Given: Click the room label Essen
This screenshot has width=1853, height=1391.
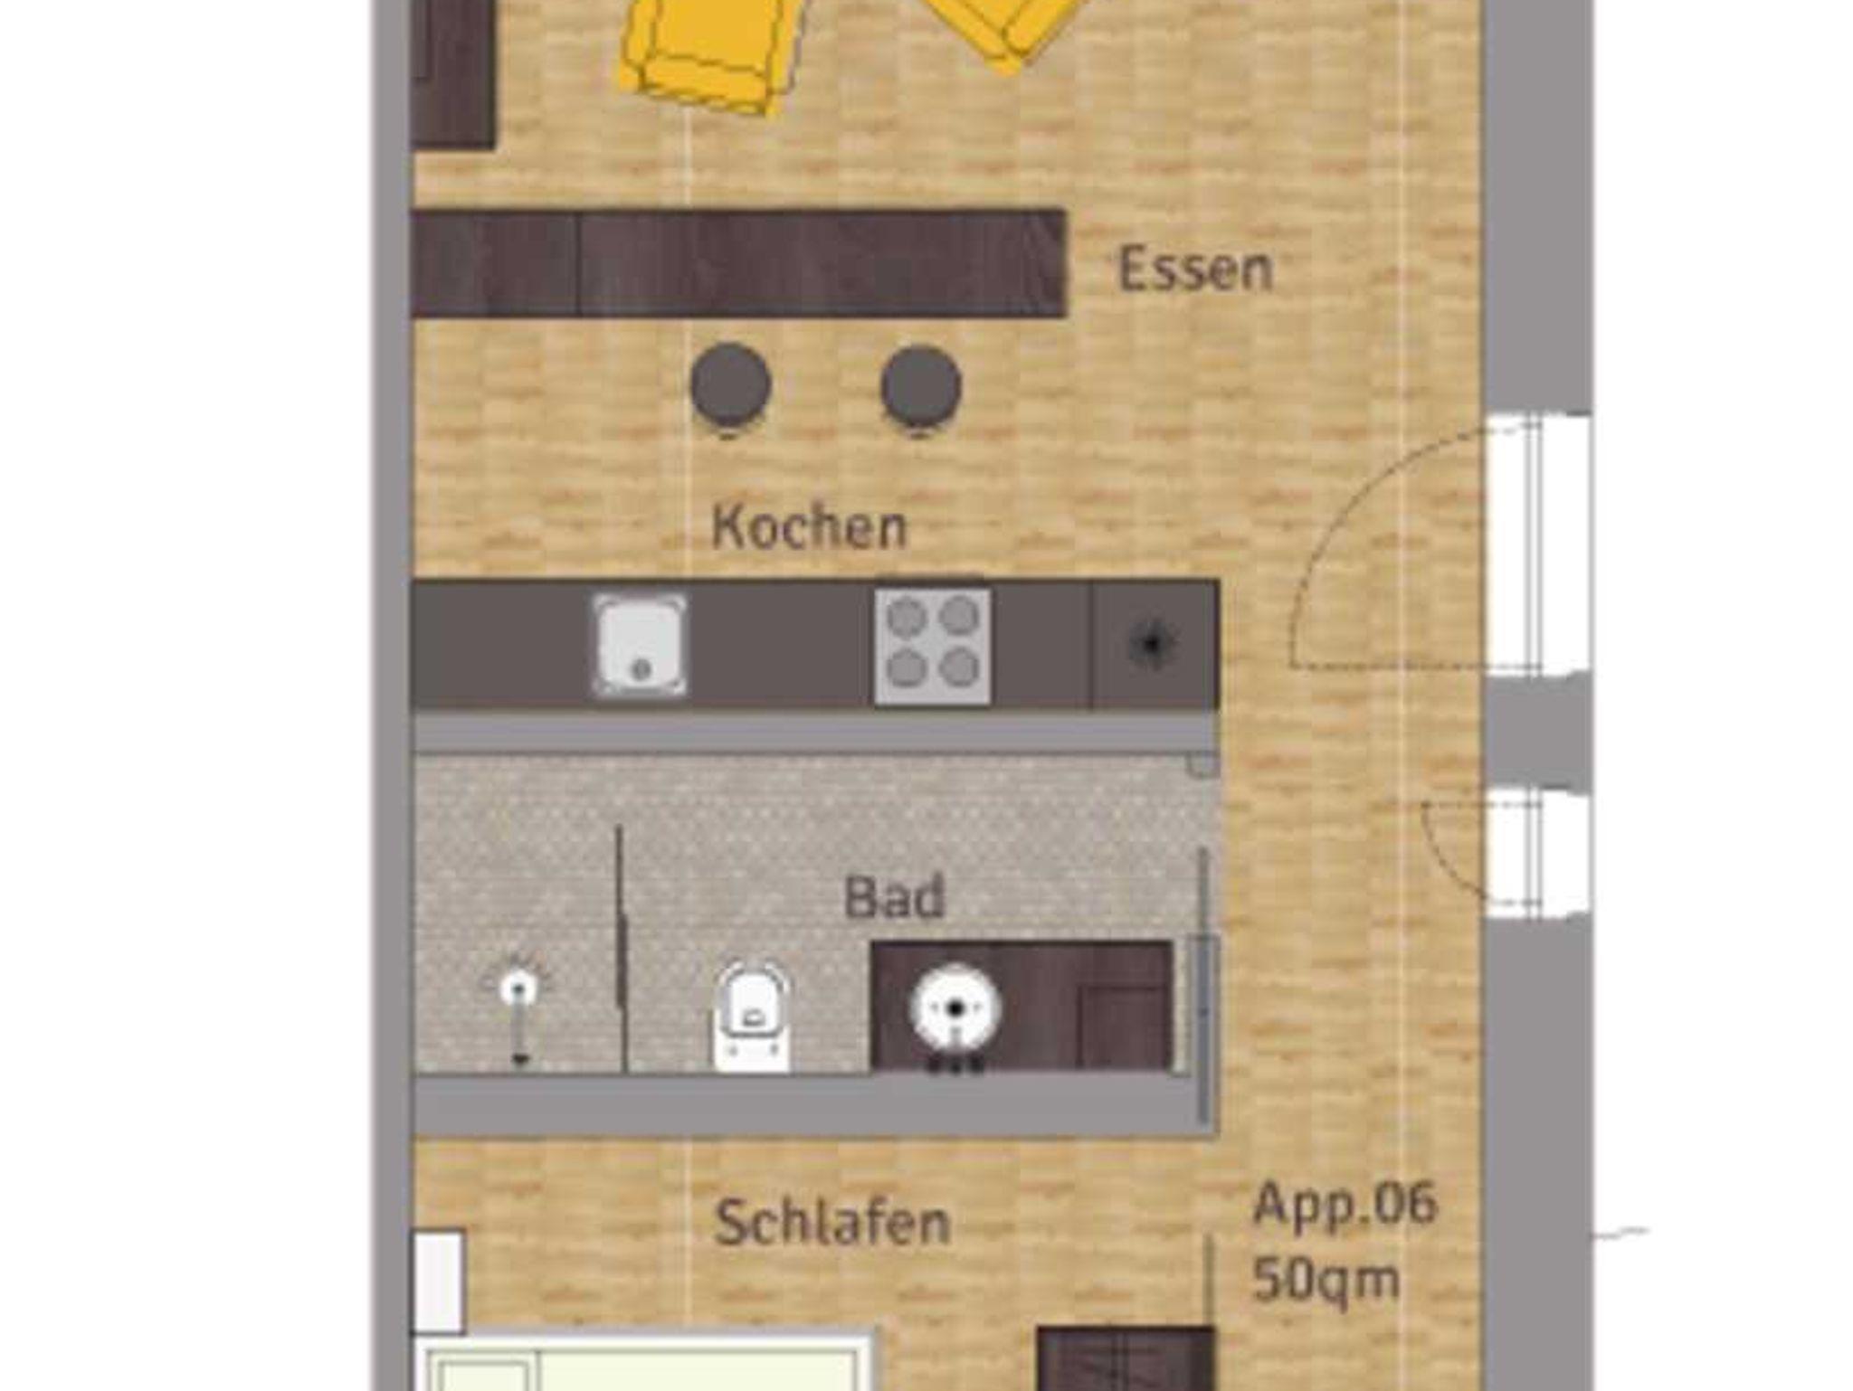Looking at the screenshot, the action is point(1195,269).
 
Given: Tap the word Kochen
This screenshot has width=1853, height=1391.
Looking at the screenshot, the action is point(809,526).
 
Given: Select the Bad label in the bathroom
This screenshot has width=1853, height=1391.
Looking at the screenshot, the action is point(894,897).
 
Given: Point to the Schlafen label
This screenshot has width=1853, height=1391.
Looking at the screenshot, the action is point(832,1223).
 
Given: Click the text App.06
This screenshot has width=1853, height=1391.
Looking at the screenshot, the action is point(1345,1206).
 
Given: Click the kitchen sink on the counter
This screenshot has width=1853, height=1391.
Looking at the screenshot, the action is point(640,645).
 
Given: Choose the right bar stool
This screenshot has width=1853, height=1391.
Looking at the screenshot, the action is point(921,387).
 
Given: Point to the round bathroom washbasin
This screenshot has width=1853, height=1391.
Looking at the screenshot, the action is point(955,1008).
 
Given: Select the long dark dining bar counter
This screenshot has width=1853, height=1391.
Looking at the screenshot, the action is point(738,263).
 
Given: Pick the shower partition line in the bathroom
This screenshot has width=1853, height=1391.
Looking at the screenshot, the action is point(621,949).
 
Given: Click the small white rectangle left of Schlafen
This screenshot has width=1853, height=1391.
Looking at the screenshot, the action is point(439,1281).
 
